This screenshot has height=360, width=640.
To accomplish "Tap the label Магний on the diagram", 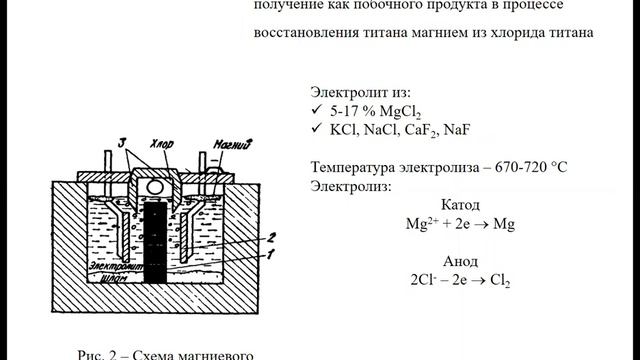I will (231, 144).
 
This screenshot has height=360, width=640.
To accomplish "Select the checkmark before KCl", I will (317, 130).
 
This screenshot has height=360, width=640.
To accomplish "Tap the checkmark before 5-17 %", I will (317, 109).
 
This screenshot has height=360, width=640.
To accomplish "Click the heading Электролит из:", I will (360, 90).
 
